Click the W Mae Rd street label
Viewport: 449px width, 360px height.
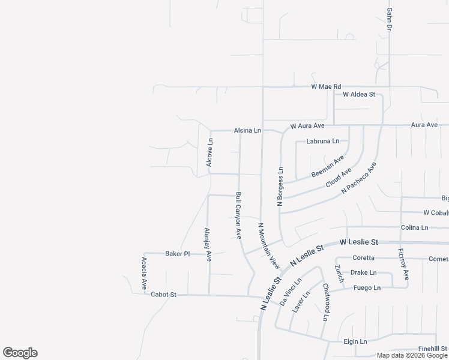(x=326, y=87)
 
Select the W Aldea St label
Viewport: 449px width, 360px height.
(x=359, y=95)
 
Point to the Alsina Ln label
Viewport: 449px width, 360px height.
(x=248, y=130)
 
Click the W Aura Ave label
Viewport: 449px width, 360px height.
(x=307, y=126)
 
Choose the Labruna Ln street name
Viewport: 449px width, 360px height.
(x=322, y=142)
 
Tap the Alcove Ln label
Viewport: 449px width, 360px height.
(x=209, y=152)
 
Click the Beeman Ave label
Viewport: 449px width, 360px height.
(x=327, y=166)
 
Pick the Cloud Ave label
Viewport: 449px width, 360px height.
(x=339, y=178)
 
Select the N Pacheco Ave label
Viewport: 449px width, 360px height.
(x=358, y=178)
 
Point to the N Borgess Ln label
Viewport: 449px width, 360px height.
(x=280, y=187)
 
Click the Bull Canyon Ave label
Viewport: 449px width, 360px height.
(x=238, y=215)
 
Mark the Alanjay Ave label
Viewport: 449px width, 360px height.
(x=208, y=244)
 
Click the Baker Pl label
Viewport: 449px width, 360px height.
(x=177, y=254)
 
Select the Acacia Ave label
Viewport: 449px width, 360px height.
(x=144, y=273)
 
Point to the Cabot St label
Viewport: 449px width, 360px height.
(x=163, y=295)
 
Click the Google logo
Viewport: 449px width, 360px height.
(x=20, y=353)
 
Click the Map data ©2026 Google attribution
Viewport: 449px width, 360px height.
(x=412, y=355)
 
